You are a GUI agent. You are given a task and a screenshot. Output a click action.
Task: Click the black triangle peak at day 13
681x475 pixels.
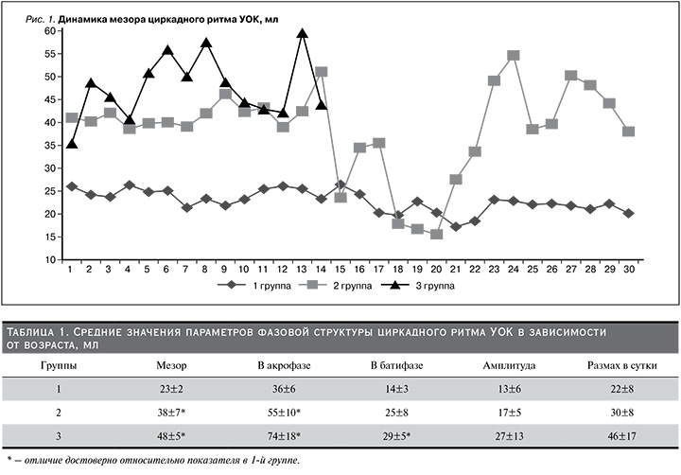point(303,33)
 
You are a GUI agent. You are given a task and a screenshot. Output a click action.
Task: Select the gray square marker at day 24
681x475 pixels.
point(514,55)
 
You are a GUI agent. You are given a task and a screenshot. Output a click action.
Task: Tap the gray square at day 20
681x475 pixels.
point(436,235)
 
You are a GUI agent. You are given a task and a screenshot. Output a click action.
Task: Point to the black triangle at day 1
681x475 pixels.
point(72,144)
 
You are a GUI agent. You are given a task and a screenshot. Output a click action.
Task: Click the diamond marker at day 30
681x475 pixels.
point(628,214)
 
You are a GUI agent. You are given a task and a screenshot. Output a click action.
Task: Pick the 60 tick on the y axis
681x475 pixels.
point(50,31)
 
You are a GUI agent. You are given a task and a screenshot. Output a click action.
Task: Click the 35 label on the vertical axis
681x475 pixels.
point(50,146)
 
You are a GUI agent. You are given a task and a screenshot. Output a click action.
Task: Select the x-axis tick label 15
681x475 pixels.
point(340,270)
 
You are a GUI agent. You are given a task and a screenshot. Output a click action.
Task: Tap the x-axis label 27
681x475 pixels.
point(570,270)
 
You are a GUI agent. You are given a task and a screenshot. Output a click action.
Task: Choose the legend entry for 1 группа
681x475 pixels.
point(253,286)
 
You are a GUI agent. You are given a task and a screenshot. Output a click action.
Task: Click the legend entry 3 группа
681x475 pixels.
point(418,286)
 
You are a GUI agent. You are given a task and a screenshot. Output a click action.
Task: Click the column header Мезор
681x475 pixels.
point(171,365)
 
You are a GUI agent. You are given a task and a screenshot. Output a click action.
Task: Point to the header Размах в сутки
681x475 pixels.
point(622,365)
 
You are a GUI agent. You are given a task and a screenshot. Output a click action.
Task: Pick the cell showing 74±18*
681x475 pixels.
point(284,436)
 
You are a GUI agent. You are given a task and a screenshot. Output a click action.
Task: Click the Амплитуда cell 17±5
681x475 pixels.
point(509,413)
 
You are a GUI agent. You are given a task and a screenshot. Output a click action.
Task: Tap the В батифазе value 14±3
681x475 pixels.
point(396,389)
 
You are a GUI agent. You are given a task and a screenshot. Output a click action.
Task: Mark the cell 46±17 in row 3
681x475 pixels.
point(622,436)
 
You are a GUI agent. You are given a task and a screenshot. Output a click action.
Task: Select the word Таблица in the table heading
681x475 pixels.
point(29,332)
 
